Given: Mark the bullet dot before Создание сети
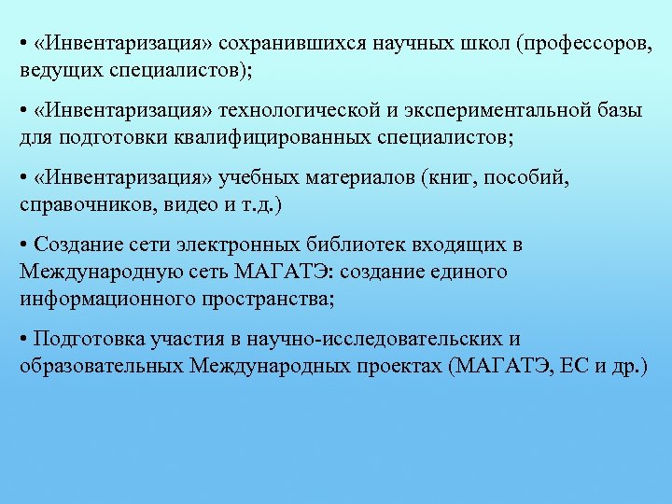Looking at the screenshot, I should click(23, 245).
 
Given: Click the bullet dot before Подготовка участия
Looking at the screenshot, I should click(23, 339).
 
